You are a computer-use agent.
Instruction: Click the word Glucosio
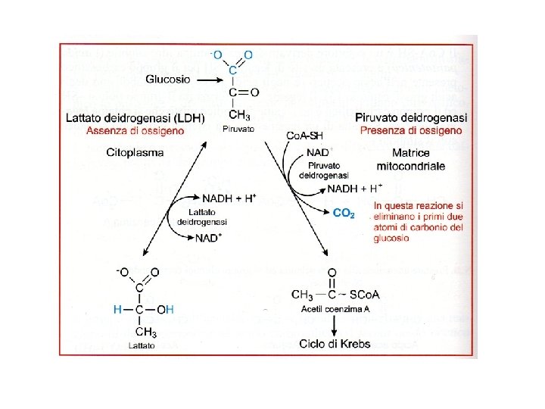tap(167, 78)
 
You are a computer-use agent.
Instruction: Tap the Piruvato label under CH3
tap(238, 130)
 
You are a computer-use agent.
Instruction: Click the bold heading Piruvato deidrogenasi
tap(411, 117)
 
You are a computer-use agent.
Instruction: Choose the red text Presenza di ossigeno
tap(411, 130)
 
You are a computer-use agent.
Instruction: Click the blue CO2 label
tap(344, 214)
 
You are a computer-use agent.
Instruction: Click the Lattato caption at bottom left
tap(142, 346)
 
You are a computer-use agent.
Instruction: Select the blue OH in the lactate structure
tap(166, 309)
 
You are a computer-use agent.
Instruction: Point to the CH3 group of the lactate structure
tap(145, 332)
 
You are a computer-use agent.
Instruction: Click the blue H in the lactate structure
tap(117, 309)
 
